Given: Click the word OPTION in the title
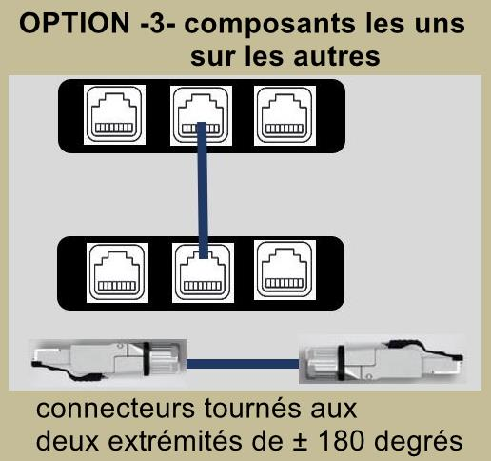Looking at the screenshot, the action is tap(74, 23).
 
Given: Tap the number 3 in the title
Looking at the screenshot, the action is tap(157, 24).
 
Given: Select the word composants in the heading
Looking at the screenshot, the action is tap(269, 26).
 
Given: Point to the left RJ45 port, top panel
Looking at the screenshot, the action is tap(114, 114).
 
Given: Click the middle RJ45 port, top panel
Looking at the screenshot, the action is tap(201, 115).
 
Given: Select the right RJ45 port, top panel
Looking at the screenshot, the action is tap(285, 115).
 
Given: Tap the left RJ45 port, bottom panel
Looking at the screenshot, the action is tap(117, 272).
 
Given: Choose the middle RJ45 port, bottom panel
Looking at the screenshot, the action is tap(203, 272).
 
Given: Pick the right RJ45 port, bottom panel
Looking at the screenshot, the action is tap(285, 270).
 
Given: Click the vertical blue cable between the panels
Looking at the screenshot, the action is tap(203, 190).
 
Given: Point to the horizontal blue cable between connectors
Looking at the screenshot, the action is tap(243, 364).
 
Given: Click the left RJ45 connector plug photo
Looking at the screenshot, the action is tap(108, 361).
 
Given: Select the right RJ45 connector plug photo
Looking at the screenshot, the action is tap(382, 359).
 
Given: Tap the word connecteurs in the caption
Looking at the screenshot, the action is tap(115, 409).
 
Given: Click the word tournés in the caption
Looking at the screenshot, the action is tap(252, 408).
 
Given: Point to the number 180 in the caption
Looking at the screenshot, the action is tap(342, 441).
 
